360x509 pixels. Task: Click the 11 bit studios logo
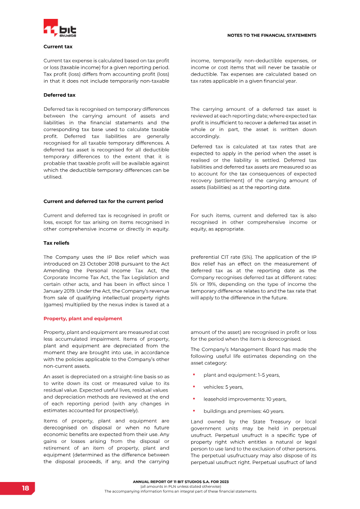pyautogui.click(x=60, y=29)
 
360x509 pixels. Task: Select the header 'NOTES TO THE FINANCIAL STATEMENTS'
pyautogui.click(x=271, y=35)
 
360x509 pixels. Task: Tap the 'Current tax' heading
pyautogui.click(x=58, y=46)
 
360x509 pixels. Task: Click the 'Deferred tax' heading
pyautogui.click(x=59, y=95)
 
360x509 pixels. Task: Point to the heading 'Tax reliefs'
pyautogui.click(x=56, y=243)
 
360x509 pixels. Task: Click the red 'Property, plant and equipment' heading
pyautogui.click(x=82, y=318)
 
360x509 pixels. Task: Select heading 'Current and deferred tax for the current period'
pyautogui.click(x=103, y=201)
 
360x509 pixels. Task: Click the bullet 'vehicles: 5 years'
pyautogui.click(x=223, y=387)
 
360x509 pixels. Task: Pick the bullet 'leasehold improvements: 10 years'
pyautogui.click(x=245, y=399)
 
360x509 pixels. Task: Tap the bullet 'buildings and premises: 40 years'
pyautogui.click(x=243, y=411)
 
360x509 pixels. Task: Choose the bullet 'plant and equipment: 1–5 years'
pyautogui.click(x=242, y=375)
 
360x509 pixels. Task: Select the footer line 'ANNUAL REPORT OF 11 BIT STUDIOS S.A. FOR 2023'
pyautogui.click(x=180, y=482)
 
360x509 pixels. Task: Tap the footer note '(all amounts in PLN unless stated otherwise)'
pyautogui.click(x=180, y=487)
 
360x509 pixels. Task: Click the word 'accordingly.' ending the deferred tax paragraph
pyautogui.click(x=205, y=136)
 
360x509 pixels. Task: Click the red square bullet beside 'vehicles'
pyautogui.click(x=193, y=387)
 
